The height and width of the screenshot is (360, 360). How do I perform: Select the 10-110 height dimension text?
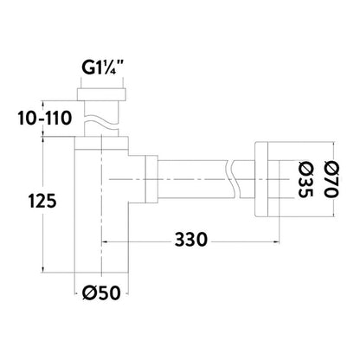(x=44, y=118)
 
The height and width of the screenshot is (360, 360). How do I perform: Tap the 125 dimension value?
(x=42, y=201)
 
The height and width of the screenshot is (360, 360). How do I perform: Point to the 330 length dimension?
(x=191, y=239)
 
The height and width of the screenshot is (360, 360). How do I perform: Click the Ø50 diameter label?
(x=101, y=292)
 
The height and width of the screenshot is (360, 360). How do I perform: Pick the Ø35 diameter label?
(x=305, y=179)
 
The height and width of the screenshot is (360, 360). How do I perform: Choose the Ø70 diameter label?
(x=331, y=179)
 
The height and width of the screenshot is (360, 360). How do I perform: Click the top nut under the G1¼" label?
(x=101, y=94)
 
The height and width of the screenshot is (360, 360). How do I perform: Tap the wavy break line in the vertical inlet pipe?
(x=101, y=121)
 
